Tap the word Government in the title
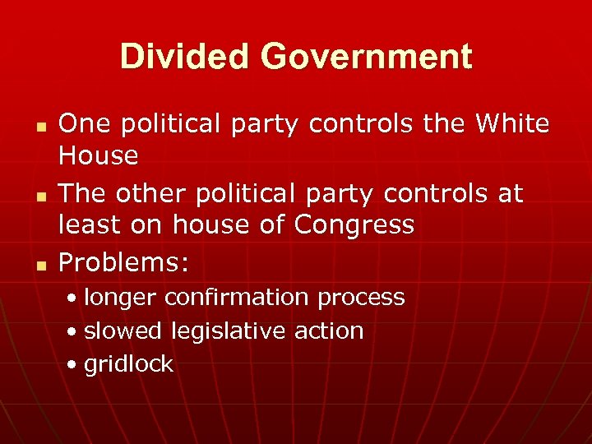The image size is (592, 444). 367,57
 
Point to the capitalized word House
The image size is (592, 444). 99,155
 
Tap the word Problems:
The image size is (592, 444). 124,262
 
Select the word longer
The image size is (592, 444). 121,297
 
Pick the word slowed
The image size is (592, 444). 123,331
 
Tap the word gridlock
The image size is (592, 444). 128,364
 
